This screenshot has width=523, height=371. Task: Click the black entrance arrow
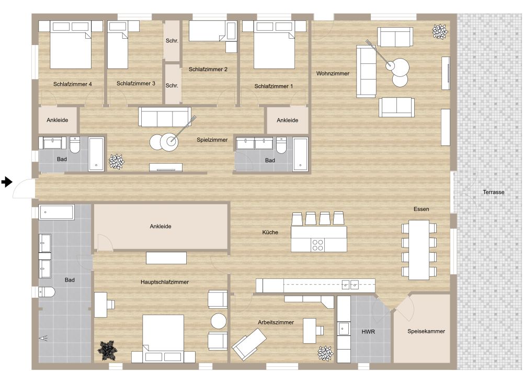pyautogui.click(x=6, y=182)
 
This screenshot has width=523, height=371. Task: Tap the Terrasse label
pyautogui.click(x=493, y=192)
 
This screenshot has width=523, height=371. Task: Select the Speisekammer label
pyautogui.click(x=426, y=331)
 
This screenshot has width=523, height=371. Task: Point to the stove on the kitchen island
pyautogui.click(x=317, y=245)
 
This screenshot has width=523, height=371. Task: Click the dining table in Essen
pyautogui.click(x=419, y=249)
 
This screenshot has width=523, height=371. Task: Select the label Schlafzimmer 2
pyautogui.click(x=208, y=69)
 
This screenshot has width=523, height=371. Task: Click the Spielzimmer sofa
pyautogui.click(x=164, y=117)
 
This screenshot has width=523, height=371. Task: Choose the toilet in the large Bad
pyautogui.click(x=46, y=292)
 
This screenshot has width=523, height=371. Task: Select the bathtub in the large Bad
pyautogui.click(x=56, y=212)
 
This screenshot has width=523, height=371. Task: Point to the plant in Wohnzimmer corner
pyautogui.click(x=440, y=32)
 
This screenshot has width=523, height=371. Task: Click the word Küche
pyautogui.click(x=270, y=232)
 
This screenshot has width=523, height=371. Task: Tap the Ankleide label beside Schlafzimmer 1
pyautogui.click(x=287, y=120)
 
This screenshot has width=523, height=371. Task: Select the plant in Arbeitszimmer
pyautogui.click(x=325, y=353)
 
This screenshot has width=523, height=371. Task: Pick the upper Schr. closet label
pyautogui.click(x=172, y=40)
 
